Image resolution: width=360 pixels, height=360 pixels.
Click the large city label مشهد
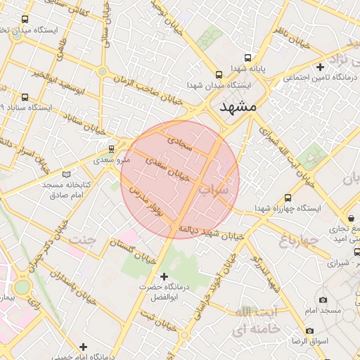(x=239, y=108)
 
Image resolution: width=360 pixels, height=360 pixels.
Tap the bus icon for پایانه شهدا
(x=247, y=58)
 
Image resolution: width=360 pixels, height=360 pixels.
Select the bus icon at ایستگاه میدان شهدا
(x=218, y=73)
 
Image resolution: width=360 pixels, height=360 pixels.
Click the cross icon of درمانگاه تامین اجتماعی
(x=320, y=67)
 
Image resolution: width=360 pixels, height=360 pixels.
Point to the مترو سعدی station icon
(x=111, y=149)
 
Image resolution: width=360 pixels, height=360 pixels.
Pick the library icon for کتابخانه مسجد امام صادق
(x=67, y=173)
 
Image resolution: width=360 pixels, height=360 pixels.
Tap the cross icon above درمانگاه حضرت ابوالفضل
(x=165, y=276)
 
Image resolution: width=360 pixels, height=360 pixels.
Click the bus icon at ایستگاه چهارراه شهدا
(x=288, y=198)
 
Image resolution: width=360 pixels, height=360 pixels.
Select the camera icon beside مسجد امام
(x=323, y=300)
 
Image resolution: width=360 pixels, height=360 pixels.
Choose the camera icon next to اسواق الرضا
(x=309, y=330)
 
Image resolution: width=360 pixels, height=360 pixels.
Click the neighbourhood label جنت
(x=81, y=240)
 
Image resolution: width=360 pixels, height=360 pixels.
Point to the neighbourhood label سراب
(x=213, y=190)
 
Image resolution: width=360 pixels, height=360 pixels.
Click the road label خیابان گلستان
(x=131, y=249)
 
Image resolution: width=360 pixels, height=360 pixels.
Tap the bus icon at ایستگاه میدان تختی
(x=25, y=20)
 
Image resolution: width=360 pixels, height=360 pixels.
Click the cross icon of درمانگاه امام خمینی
(x=83, y=346)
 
